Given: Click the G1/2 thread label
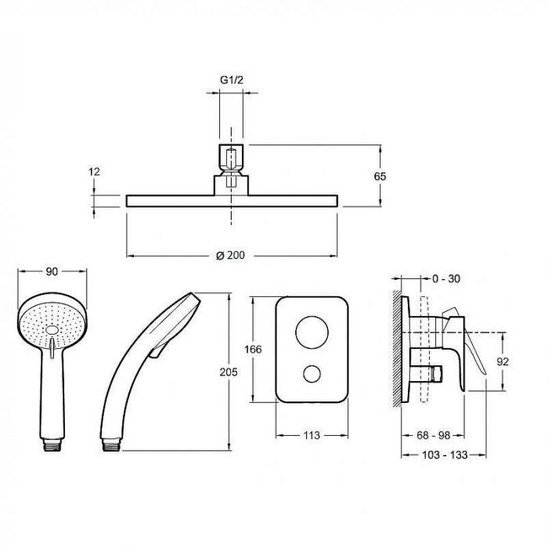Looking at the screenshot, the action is tap(232, 80).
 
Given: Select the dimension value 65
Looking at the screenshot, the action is tap(380, 176).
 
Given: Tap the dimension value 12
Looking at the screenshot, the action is tap(94, 172).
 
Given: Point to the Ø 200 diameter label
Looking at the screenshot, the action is tap(230, 256).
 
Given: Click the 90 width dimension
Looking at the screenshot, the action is tap(52, 271).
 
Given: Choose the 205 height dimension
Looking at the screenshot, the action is tap(229, 372).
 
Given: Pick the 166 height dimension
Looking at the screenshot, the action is tap(253, 349).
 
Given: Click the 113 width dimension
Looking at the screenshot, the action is tap(312, 435).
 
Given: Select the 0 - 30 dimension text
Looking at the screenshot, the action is tap(446, 278).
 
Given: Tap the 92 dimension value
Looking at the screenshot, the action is tap(503, 361).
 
